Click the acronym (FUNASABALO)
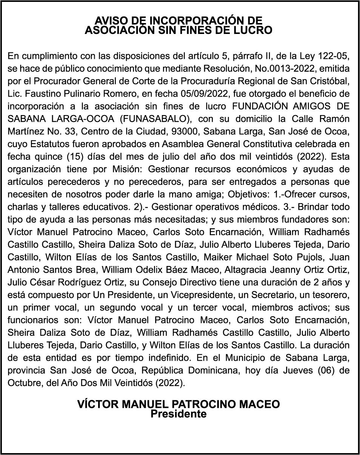tap(154, 119)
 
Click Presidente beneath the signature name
tap(179, 414)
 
